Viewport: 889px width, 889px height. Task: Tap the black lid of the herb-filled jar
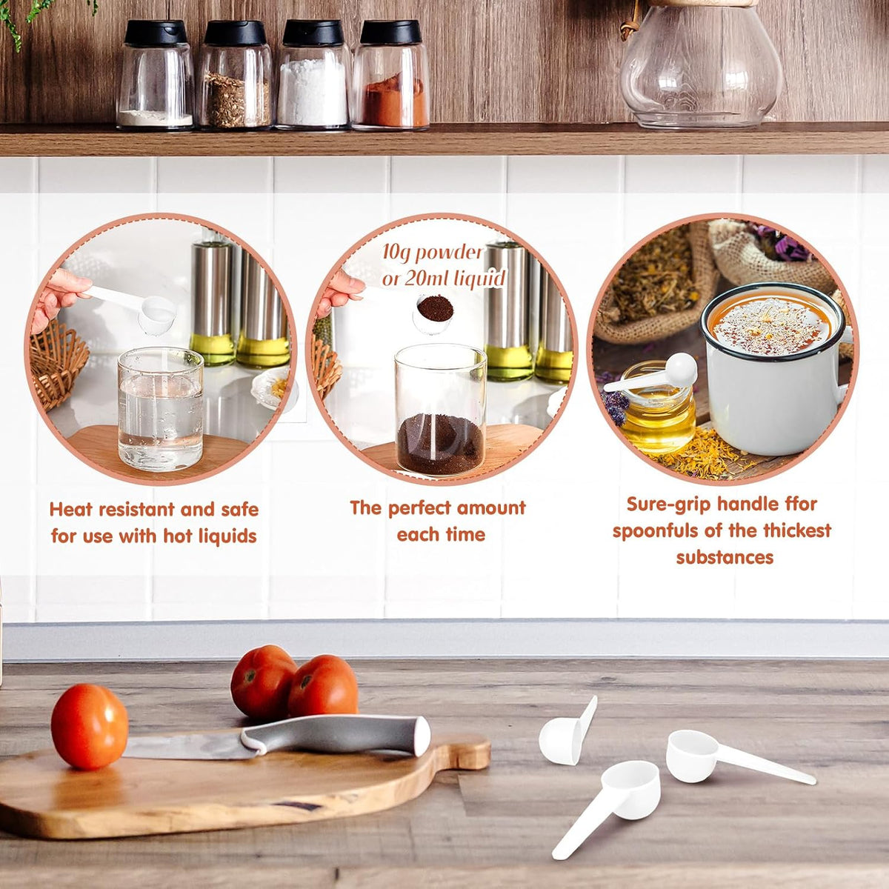click(236, 33)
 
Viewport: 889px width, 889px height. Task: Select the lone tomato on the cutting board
click(89, 726)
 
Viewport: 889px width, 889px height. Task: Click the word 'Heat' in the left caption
click(70, 509)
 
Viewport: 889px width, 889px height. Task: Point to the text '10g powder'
click(433, 253)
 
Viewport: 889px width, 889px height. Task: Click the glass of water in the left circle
click(161, 409)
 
